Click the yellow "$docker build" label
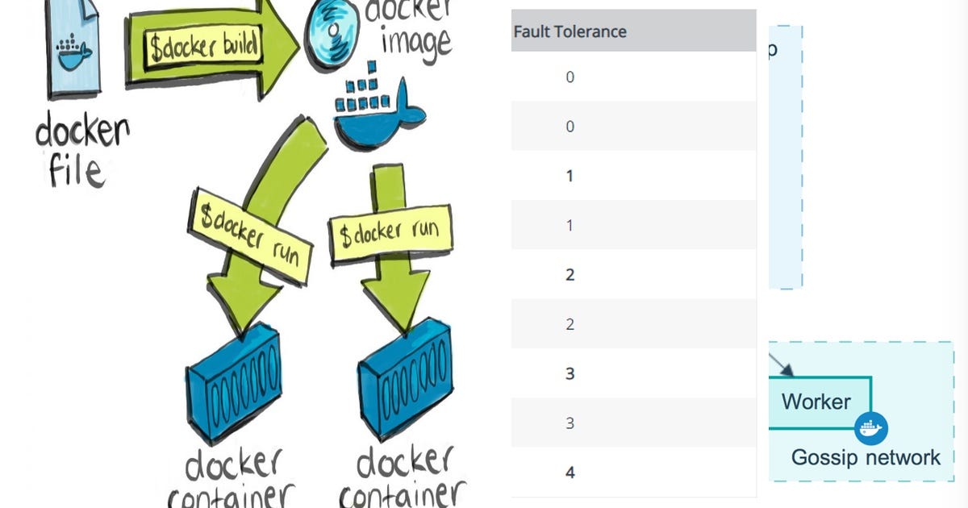pos(204,48)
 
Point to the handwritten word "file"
pos(77,171)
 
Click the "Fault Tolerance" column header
pos(570,31)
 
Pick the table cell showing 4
pos(570,473)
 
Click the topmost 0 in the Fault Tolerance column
pos(570,77)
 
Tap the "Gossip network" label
pos(866,458)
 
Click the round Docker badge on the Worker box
pos(870,427)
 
